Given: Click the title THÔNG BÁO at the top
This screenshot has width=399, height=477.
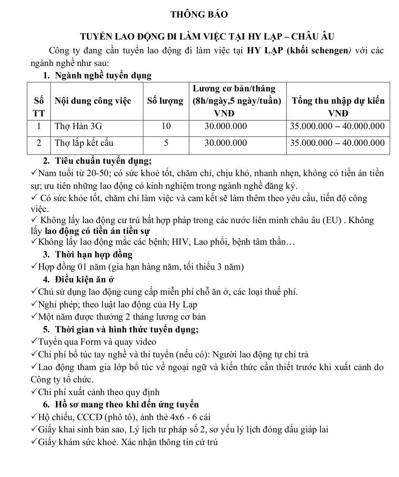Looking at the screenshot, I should click(x=199, y=15).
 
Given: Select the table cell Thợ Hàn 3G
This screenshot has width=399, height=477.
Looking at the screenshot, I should click(x=78, y=126).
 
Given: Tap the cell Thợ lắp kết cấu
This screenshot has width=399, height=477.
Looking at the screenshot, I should click(x=84, y=143).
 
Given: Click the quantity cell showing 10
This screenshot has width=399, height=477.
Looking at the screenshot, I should click(x=166, y=126).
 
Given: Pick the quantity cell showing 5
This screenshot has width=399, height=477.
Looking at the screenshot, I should click(x=166, y=143).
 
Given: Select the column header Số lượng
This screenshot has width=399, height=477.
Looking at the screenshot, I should click(x=165, y=101).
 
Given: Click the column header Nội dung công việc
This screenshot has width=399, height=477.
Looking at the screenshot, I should click(x=93, y=101).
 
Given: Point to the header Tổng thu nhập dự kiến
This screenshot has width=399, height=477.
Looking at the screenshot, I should click(x=338, y=101).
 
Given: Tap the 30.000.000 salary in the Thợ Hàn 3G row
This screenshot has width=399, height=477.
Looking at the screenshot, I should click(x=226, y=126).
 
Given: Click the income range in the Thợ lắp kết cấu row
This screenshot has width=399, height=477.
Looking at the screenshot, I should click(x=337, y=143).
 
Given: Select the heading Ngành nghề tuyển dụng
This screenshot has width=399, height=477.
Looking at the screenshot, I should click(x=103, y=76).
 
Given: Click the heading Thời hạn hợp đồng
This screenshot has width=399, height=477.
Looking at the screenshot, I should click(x=94, y=255).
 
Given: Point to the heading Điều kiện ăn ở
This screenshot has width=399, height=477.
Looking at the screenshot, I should click(x=84, y=279).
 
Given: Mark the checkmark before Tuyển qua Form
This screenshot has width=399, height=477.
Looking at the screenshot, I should click(x=34, y=341).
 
